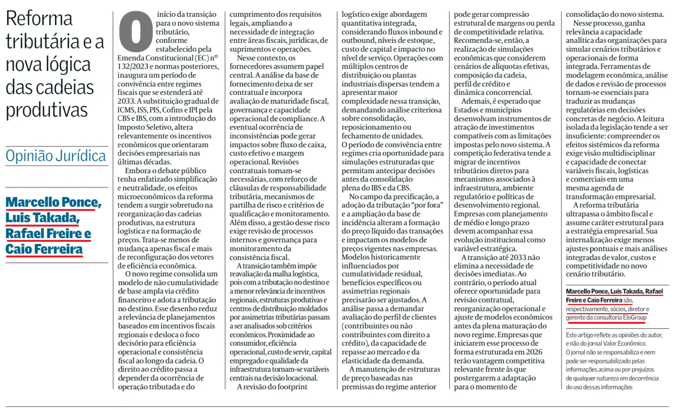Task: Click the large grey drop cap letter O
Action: pos(136,32)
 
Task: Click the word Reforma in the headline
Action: pos(39,19)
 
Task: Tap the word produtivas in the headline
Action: pos(46,110)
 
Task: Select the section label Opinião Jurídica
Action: pos(56,156)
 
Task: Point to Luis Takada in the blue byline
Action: pos(42,218)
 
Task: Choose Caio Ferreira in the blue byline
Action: pos(44,249)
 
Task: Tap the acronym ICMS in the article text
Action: pos(126,110)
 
